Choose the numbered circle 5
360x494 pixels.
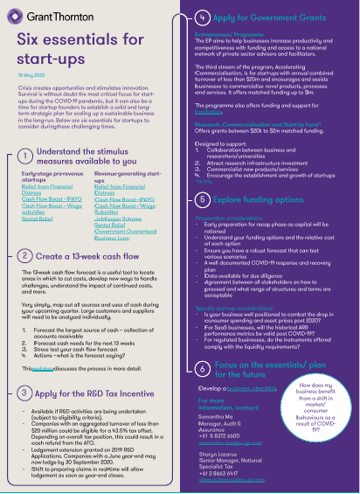coord(202,200)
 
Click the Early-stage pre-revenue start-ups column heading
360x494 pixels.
coord(52,177)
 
